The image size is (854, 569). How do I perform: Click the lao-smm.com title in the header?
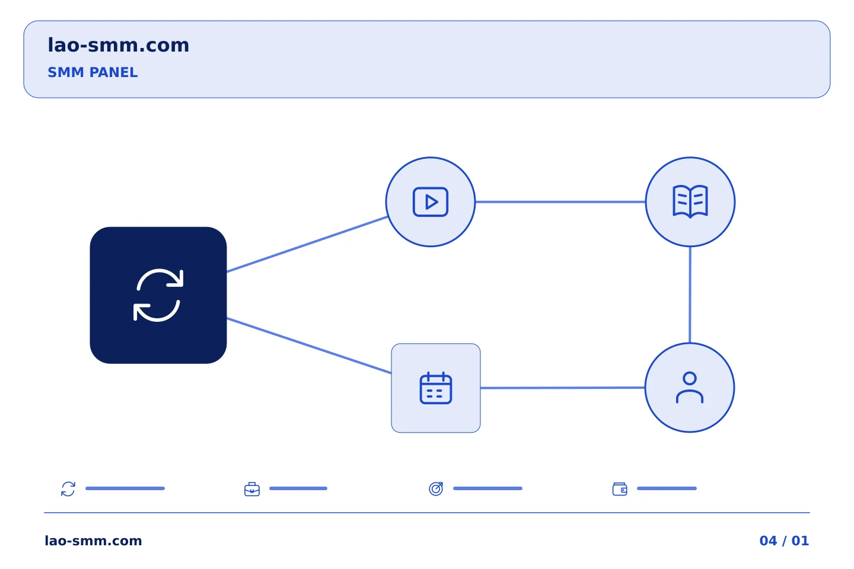[x=118, y=45]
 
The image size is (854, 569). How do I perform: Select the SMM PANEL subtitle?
[x=93, y=72]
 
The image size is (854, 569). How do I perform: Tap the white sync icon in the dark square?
[x=158, y=295]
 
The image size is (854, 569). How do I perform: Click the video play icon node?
[x=431, y=202]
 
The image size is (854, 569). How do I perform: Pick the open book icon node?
[x=690, y=202]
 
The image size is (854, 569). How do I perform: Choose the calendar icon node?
[x=436, y=388]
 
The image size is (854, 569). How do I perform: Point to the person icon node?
[x=690, y=388]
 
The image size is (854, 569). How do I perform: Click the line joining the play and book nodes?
[x=560, y=202]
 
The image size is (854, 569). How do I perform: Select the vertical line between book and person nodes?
[x=690, y=295]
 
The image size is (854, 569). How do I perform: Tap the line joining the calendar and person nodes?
[x=563, y=388]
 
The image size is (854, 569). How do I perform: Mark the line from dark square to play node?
[x=307, y=244]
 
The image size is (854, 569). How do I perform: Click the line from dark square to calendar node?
[x=309, y=346]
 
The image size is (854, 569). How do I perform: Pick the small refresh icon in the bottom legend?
[x=68, y=489]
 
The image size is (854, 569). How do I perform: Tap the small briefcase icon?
[x=252, y=490]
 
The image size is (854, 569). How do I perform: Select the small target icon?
[x=436, y=489]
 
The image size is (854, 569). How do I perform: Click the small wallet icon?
[x=620, y=489]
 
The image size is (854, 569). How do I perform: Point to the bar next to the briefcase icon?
[x=298, y=488]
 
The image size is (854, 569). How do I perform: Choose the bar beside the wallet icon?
[x=667, y=488]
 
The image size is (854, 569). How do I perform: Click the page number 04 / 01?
[x=784, y=541]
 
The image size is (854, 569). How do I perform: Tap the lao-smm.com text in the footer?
[x=94, y=541]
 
